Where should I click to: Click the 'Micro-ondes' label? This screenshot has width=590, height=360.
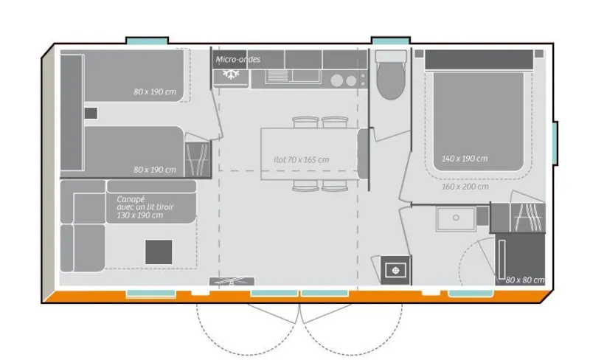(238, 59)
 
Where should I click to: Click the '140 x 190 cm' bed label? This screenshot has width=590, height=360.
(465, 159)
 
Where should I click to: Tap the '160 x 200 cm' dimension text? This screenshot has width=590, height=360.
(465, 187)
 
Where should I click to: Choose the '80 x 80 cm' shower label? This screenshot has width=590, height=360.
(524, 280)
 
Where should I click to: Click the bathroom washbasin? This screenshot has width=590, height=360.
(456, 218)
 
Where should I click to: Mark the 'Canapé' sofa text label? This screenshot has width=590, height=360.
(130, 198)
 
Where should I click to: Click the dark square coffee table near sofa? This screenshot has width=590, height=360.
(159, 252)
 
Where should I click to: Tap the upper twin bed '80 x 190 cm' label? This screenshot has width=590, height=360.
(155, 91)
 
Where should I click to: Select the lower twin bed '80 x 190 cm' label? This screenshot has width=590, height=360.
(155, 170)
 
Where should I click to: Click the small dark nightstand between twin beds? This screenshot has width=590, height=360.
(91, 113)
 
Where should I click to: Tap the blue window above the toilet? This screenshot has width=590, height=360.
(390, 40)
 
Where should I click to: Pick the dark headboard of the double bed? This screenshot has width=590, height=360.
(477, 59)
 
